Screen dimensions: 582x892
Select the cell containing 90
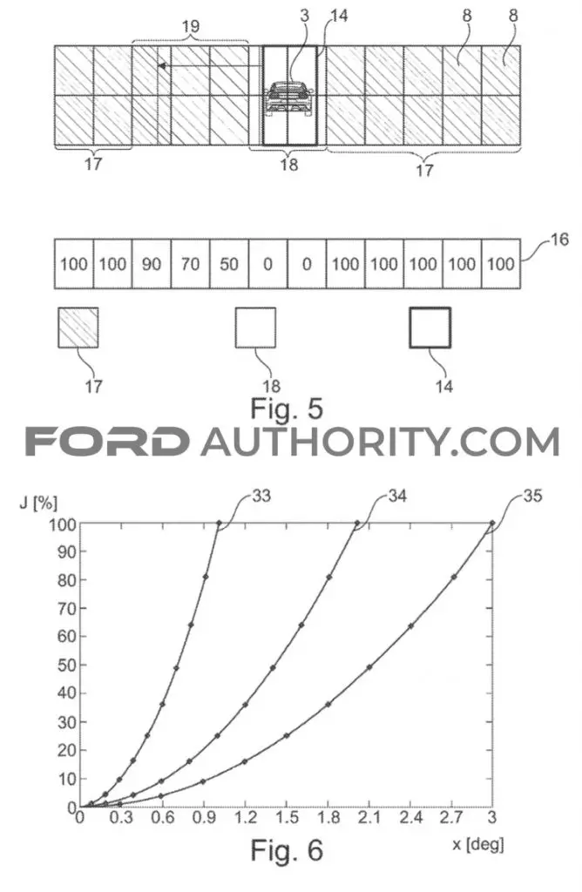tap(152, 264)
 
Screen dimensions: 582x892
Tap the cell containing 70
tap(191, 264)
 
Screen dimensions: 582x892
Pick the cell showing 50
tap(229, 264)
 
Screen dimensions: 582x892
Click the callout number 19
tap(191, 26)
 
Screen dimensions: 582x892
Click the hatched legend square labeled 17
tap(78, 328)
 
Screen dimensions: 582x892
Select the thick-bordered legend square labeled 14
tap(430, 328)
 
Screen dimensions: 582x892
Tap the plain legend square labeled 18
tap(255, 328)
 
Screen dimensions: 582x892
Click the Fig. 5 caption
tap(287, 409)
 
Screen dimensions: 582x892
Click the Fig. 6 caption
tap(287, 850)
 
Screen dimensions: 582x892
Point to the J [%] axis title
tap(38, 503)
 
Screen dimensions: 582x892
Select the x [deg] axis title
tap(478, 844)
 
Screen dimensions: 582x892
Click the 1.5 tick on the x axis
tap(287, 817)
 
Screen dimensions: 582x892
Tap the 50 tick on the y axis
tap(66, 665)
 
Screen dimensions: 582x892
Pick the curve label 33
tap(261, 496)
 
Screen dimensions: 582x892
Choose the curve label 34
tap(397, 496)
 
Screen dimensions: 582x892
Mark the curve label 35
tap(532, 496)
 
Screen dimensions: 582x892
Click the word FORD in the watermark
tap(107, 442)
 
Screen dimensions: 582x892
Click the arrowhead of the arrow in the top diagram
tap(162, 66)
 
